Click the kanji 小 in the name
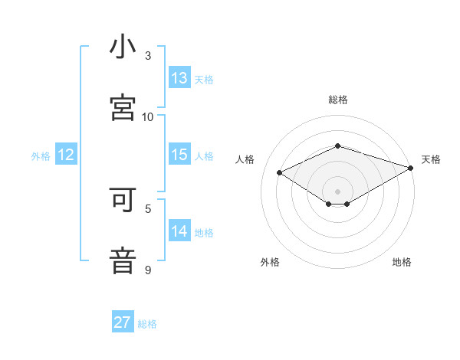click(x=123, y=47)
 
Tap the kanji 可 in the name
click(x=123, y=201)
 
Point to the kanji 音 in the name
click(x=123, y=260)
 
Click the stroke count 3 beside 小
click(x=148, y=56)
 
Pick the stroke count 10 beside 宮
click(x=148, y=116)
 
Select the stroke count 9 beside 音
click(x=148, y=270)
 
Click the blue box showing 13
click(x=179, y=78)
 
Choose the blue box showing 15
click(x=179, y=155)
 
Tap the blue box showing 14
click(x=179, y=231)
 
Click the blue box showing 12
click(x=66, y=155)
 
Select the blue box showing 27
click(x=123, y=322)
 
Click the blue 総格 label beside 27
click(x=147, y=324)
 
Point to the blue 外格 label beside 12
click(x=41, y=156)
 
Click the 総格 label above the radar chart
click(x=338, y=100)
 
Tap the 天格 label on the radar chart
click(x=431, y=159)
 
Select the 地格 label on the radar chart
click(x=402, y=262)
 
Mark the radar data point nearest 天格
click(x=412, y=166)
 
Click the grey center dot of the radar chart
click(x=338, y=190)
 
